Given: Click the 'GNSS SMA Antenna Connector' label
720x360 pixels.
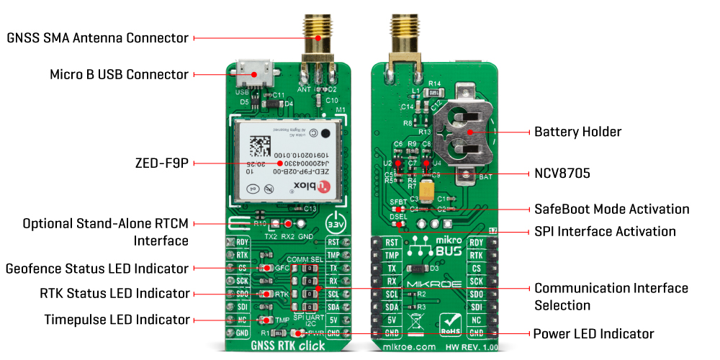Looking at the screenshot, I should tap(97, 37).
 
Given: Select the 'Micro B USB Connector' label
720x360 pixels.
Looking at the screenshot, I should tap(119, 74).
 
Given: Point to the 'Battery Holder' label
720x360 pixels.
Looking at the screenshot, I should tap(577, 132).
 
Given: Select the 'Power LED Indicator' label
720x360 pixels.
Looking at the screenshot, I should tap(593, 333).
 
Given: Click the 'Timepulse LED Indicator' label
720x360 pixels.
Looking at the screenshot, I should tap(117, 319).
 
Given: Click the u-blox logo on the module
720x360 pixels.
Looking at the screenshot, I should tap(314, 187).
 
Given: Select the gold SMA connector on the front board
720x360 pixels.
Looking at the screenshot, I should tap(318, 40).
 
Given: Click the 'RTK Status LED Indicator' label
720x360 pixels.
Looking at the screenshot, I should tap(114, 293).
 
